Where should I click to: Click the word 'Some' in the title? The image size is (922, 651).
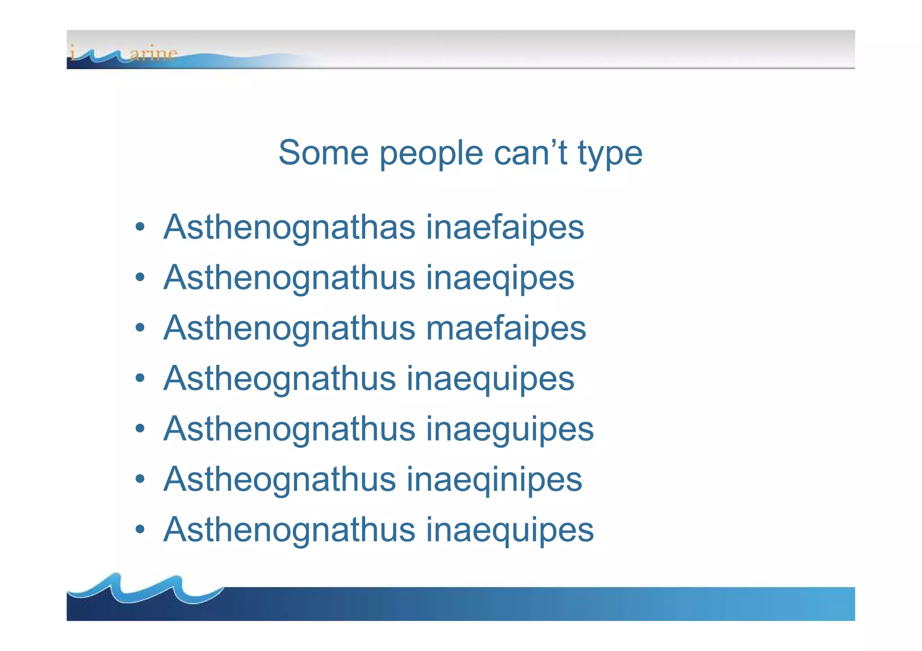coord(323,153)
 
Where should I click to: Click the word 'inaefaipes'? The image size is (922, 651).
coord(505,228)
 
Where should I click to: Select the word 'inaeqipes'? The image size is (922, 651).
coord(500,278)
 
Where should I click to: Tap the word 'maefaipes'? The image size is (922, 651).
coord(506,328)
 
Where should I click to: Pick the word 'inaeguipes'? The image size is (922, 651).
coord(510,429)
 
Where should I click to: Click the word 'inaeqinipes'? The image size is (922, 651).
coord(494,480)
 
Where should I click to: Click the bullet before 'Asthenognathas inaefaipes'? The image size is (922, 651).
coord(140,227)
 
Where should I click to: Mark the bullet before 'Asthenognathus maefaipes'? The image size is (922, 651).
coord(140,328)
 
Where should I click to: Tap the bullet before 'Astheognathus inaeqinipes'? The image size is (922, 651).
coord(140,479)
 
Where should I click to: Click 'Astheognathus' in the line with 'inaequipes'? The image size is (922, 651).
coord(280,379)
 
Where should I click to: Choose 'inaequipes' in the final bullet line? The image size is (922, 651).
coord(510,530)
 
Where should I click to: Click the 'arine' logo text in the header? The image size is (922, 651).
coord(153,54)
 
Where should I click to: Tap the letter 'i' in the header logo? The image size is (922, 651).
coord(72,52)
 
